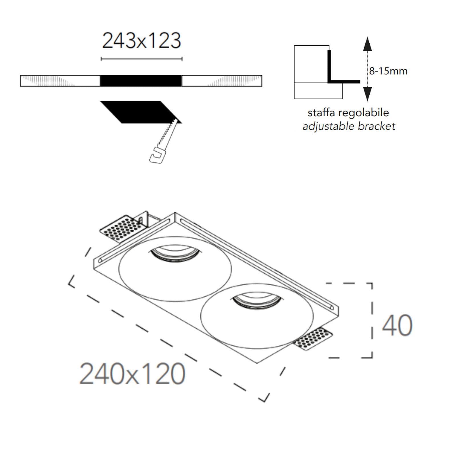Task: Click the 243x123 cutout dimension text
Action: tap(142, 40)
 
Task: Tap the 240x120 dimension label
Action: tap(133, 373)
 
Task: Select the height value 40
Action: tap(397, 325)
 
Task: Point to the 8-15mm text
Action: tap(388, 71)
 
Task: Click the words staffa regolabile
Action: tap(348, 113)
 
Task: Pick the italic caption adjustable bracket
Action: tap(349, 126)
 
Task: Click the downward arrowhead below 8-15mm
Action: tap(367, 94)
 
